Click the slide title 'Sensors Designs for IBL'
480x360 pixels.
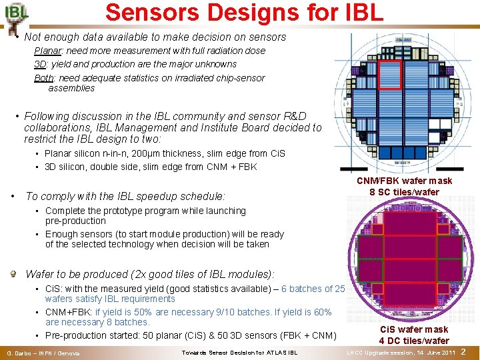coord(244,12)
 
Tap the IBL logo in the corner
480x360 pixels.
coord(16,15)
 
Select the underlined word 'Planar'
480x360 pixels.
coord(47,51)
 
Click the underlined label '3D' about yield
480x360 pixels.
coord(40,64)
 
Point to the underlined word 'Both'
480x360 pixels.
coord(44,78)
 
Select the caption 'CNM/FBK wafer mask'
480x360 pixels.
coord(404,181)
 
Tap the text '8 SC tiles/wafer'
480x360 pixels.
coord(405,192)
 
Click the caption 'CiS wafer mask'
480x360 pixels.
coord(413,329)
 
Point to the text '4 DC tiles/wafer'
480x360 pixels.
coord(413,341)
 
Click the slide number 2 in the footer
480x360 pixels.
coord(463,351)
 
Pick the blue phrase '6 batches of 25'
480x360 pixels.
coord(313,289)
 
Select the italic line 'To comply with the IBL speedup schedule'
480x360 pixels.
coord(125,196)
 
